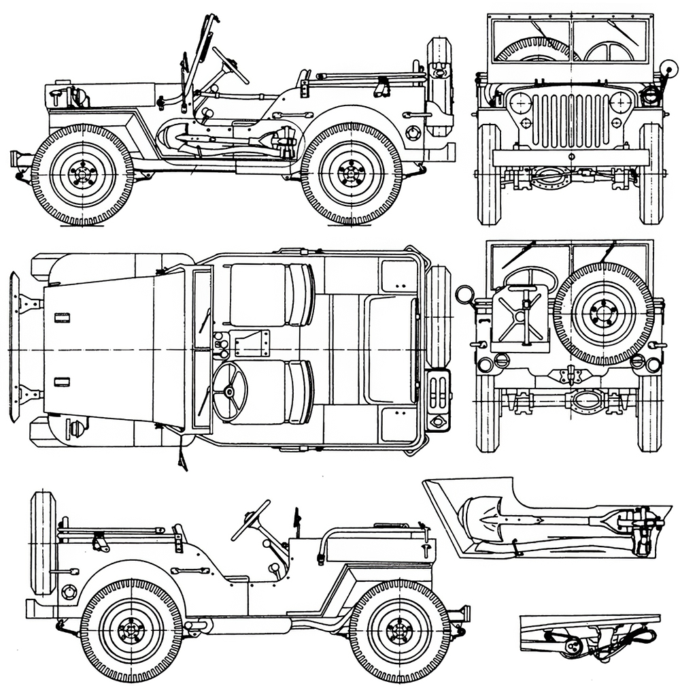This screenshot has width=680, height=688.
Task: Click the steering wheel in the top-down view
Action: coord(229,391)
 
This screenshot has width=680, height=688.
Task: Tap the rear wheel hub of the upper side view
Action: coord(352,174)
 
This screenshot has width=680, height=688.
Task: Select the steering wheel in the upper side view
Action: coord(230,65)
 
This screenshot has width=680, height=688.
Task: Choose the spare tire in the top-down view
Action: coord(439,316)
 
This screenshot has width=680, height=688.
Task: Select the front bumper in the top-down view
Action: coord(14,346)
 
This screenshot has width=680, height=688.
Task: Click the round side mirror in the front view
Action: coord(668,69)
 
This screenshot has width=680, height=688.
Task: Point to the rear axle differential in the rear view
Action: coord(586,401)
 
